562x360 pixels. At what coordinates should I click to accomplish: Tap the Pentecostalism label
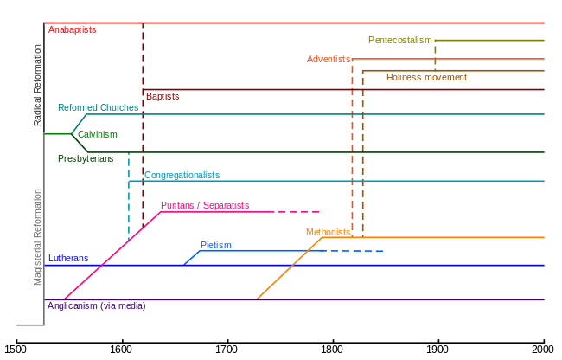click(399, 40)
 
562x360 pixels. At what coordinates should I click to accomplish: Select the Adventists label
click(329, 59)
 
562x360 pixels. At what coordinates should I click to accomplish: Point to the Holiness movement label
click(426, 77)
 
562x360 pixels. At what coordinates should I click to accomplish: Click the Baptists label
click(163, 96)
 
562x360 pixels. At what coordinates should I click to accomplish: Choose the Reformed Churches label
click(98, 107)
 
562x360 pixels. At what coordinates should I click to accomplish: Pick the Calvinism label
click(97, 134)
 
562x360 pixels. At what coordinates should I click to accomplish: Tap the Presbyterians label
click(85, 158)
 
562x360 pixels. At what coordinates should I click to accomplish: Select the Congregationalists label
click(182, 175)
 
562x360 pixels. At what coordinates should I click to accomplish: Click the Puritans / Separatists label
click(205, 205)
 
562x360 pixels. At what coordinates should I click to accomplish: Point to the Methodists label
click(328, 232)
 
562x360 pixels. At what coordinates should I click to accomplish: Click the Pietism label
click(215, 245)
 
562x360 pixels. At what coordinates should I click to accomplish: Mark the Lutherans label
click(67, 258)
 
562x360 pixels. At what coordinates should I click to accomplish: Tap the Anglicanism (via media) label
click(97, 305)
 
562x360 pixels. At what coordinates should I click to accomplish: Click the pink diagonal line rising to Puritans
click(112, 255)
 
